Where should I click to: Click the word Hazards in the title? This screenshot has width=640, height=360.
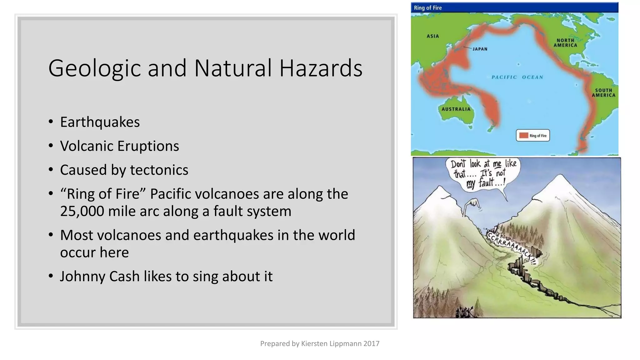click(x=321, y=68)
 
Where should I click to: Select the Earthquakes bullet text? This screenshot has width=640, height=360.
click(x=100, y=122)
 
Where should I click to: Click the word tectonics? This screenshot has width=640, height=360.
click(x=159, y=170)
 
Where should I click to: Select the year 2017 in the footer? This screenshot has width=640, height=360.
click(x=371, y=343)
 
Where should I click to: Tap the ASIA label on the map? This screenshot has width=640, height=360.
click(x=433, y=36)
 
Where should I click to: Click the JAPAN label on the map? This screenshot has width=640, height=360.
click(x=480, y=49)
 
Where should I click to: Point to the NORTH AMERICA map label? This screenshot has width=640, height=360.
click(x=565, y=43)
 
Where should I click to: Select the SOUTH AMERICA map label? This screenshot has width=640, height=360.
click(x=603, y=93)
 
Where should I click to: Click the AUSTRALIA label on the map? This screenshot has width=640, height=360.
click(x=456, y=109)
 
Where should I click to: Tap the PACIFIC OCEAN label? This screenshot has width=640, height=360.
click(x=517, y=77)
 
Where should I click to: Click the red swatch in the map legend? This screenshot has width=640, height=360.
click(x=523, y=135)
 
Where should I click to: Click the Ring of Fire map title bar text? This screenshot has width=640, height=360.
click(x=427, y=8)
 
